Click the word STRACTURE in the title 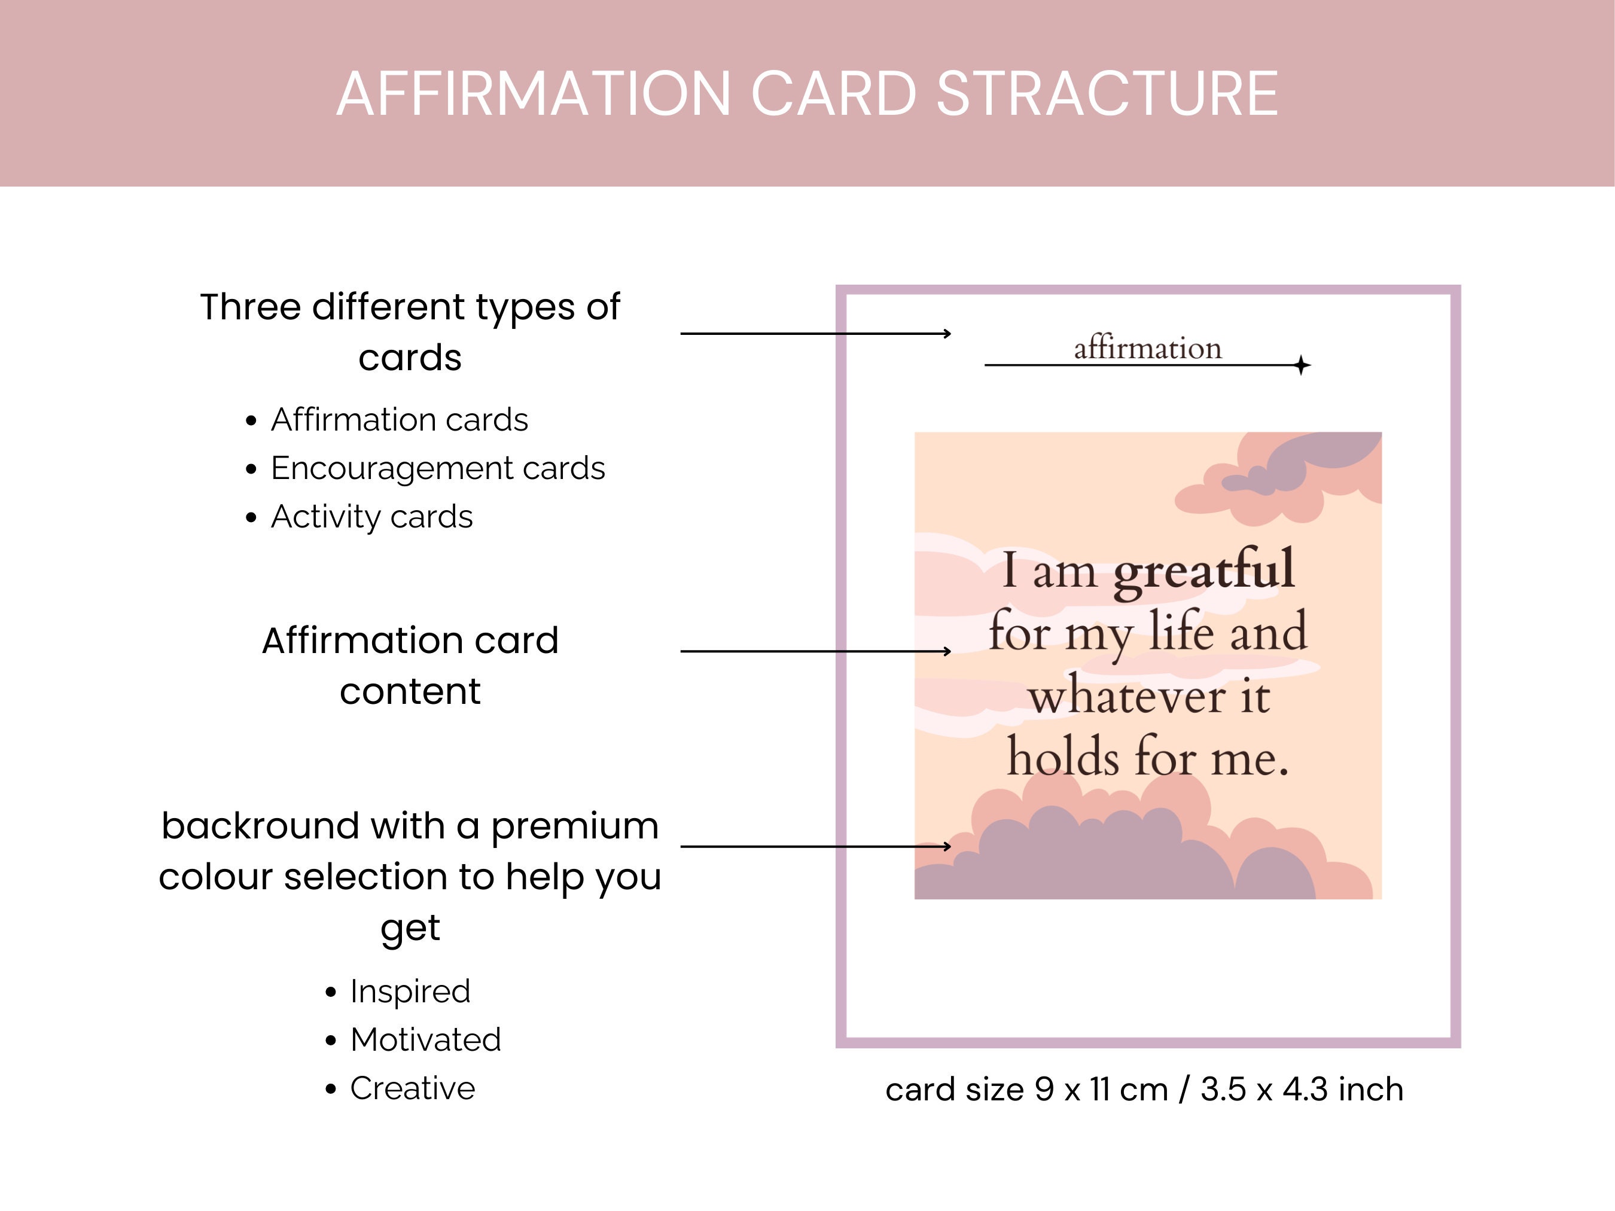(x=1107, y=94)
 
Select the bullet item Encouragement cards (x=437, y=468)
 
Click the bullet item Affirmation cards (x=398, y=420)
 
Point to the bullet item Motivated (x=426, y=1039)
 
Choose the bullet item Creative (x=413, y=1088)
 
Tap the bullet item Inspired (x=410, y=992)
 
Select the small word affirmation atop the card (x=1147, y=348)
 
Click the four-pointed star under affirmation (x=1301, y=365)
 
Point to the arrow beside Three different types (x=815, y=334)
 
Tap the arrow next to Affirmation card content (x=815, y=651)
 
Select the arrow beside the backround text (x=815, y=846)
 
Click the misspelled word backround (x=260, y=826)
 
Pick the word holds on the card (x=1063, y=758)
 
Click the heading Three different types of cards (x=410, y=331)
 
